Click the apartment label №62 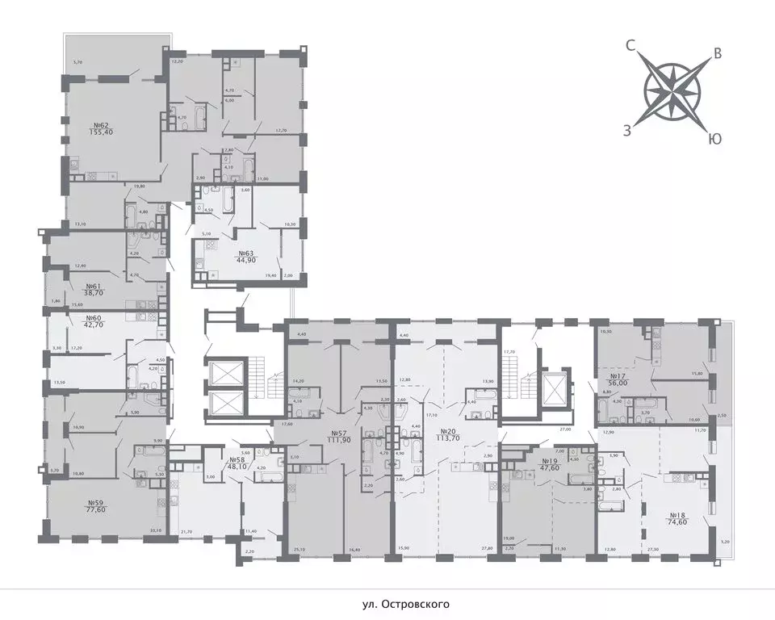(101, 125)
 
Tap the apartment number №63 (224, 253)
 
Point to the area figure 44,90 (224, 261)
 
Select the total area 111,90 (338, 440)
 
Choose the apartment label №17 (618, 376)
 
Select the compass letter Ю (714, 139)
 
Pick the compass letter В (715, 55)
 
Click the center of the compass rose (672, 92)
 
